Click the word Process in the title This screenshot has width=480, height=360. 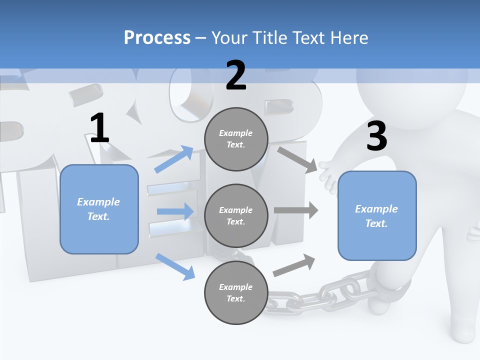(x=157, y=37)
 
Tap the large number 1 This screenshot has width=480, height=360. (x=99, y=128)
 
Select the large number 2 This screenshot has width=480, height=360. (x=236, y=75)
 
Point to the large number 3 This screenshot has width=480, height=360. (x=376, y=136)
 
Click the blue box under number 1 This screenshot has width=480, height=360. (x=99, y=209)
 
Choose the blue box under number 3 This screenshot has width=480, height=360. (x=377, y=215)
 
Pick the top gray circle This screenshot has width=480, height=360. (x=236, y=139)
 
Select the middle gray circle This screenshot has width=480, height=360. (x=236, y=215)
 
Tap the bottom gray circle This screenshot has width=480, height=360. (x=236, y=292)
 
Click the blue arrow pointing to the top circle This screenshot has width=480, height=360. (x=173, y=159)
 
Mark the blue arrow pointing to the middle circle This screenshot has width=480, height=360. (x=175, y=211)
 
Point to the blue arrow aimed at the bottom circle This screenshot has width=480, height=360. (x=175, y=266)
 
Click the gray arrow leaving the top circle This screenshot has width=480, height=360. (x=297, y=159)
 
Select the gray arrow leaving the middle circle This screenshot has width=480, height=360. (x=296, y=210)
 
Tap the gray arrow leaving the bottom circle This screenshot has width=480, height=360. (x=294, y=265)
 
